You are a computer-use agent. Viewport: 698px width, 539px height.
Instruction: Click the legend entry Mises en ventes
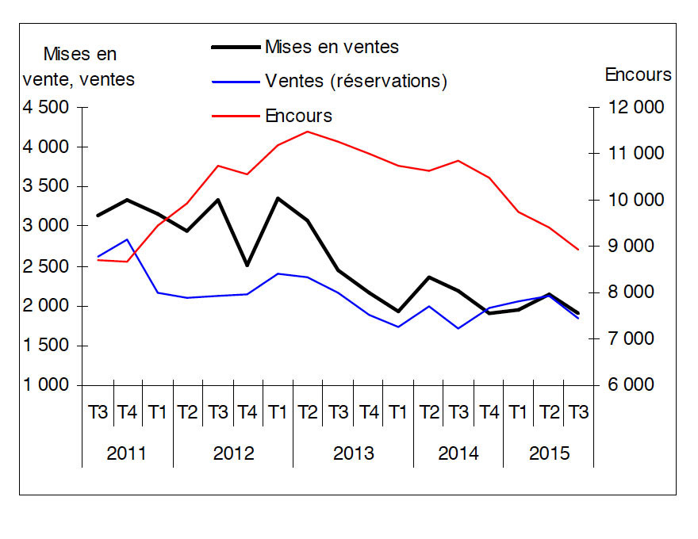tap(332, 47)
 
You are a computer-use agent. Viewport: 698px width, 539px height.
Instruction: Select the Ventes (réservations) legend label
tap(356, 81)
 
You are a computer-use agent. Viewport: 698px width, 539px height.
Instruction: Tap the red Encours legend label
tap(299, 116)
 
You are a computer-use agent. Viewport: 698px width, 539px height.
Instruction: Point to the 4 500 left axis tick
tap(46, 107)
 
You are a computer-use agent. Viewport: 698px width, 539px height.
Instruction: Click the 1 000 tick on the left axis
tap(46, 384)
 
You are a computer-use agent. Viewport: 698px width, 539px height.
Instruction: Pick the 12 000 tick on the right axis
tap(635, 107)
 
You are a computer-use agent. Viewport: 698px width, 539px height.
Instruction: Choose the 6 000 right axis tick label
tap(631, 384)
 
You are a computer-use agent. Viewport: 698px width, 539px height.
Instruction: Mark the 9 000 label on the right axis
tap(631, 246)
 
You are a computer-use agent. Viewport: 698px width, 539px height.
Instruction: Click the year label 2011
tap(127, 453)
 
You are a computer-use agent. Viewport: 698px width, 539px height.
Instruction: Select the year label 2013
tap(354, 453)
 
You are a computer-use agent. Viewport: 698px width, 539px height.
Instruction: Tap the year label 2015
tap(550, 453)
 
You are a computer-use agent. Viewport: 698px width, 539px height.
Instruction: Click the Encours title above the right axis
tap(638, 75)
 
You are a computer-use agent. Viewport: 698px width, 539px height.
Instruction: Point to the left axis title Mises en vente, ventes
tap(79, 67)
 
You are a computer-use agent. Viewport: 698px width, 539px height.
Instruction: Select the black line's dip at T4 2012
tap(247, 266)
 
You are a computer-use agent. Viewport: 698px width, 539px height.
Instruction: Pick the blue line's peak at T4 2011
tap(128, 239)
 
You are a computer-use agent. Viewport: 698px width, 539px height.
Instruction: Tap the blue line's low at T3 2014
tap(458, 328)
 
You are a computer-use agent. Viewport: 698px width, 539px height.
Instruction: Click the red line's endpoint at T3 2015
tap(578, 250)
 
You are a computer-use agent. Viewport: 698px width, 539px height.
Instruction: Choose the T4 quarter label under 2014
tap(489, 412)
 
